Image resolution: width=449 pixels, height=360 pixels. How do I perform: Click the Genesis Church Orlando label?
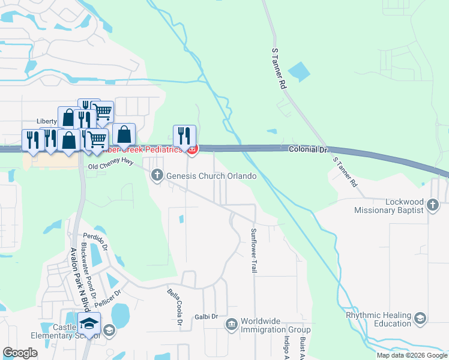tap(211, 176)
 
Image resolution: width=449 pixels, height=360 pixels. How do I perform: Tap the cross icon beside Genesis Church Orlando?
tap(157, 175)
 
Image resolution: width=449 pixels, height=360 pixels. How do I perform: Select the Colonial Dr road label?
tap(309, 149)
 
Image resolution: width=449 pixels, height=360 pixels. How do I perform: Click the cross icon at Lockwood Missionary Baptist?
tap(432, 206)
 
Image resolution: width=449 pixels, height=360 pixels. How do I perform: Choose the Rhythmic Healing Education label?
tap(378, 319)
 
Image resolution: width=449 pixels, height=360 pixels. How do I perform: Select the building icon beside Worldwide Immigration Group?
tap(232, 325)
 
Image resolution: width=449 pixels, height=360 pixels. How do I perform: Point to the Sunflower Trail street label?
tap(254, 251)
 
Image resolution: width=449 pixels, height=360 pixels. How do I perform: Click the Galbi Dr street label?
tap(206, 316)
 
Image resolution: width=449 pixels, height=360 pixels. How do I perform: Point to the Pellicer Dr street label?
tap(109, 298)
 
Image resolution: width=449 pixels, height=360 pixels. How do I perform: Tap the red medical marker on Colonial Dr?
tap(192, 149)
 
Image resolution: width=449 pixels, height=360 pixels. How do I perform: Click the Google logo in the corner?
tap(20, 353)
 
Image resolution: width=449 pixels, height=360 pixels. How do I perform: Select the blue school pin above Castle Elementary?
tap(89, 323)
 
